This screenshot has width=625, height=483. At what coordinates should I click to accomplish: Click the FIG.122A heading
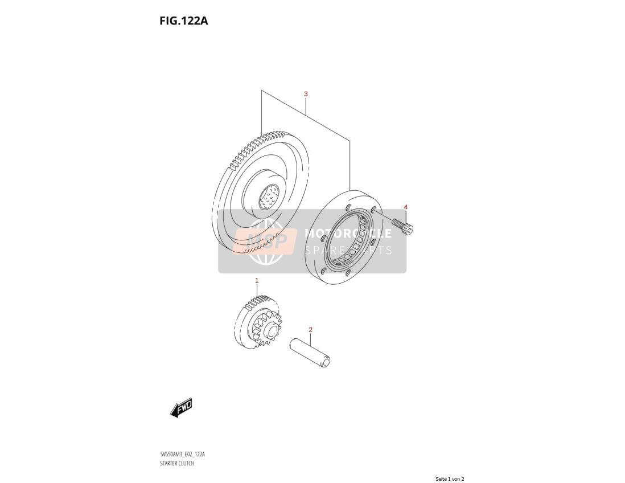point(184,21)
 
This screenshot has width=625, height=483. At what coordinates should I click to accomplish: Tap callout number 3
point(306,94)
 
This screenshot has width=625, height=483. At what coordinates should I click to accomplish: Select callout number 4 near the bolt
point(406,207)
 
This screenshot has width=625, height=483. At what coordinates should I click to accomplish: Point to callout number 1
point(257,281)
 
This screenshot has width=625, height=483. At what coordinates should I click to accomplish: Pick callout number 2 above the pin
point(310,329)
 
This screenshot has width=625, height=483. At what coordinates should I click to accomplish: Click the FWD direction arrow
point(181,408)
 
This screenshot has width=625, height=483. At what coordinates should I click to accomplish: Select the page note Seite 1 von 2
point(450,479)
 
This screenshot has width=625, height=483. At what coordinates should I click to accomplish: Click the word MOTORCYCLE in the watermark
point(348,233)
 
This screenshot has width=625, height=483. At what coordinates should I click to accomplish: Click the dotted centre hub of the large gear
point(270,197)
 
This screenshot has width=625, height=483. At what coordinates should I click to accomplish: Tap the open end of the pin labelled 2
point(327,363)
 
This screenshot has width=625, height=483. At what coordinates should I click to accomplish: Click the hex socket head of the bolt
point(409,229)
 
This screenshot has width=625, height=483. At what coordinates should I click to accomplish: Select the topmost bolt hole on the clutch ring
point(349,206)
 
